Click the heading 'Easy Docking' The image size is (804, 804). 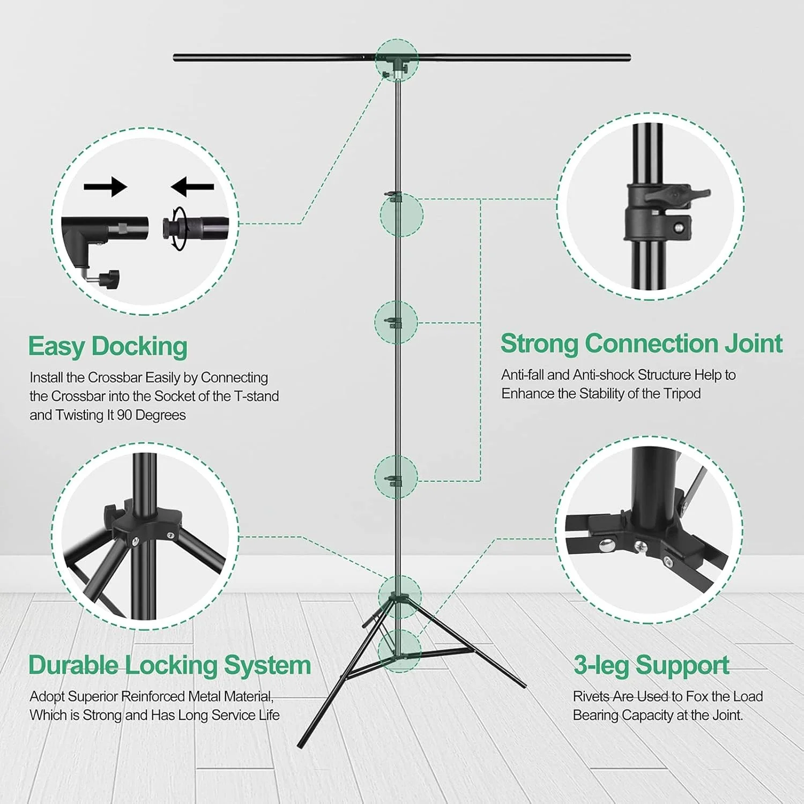[x=108, y=346]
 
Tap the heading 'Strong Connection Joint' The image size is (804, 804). [x=642, y=344]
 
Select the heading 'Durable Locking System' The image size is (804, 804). [x=170, y=665]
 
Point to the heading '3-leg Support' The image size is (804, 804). [x=651, y=666]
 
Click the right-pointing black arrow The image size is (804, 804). [x=105, y=187]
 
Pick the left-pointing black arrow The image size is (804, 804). [x=192, y=187]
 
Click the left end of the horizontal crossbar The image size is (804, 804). [x=175, y=57]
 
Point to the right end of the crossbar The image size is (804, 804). [x=629, y=57]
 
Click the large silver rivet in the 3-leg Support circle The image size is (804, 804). [x=607, y=546]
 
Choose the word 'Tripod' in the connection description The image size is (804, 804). [x=682, y=394]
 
